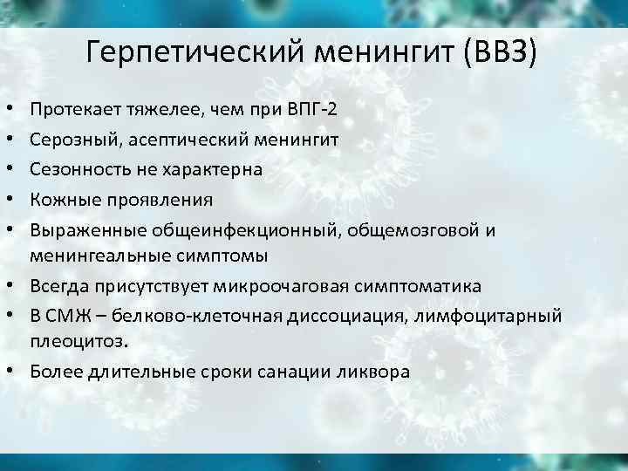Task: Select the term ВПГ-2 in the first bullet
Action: point(314,109)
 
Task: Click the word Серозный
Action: point(71,139)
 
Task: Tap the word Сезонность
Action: point(78,169)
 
